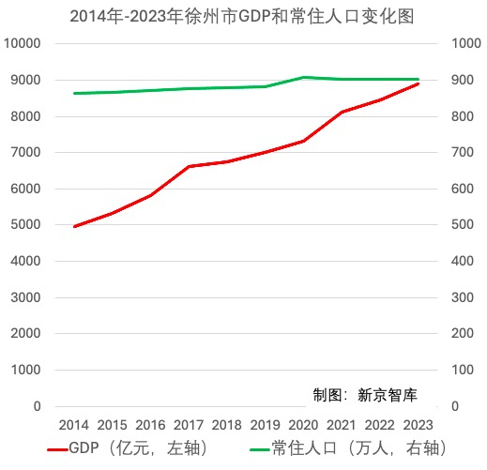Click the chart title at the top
click(243, 17)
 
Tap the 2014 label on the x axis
click(73, 425)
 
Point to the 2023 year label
click(418, 425)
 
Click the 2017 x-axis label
click(189, 425)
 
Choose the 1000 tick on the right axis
click(466, 44)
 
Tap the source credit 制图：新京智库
click(369, 392)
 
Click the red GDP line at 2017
click(189, 167)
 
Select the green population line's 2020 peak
click(303, 77)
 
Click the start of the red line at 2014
click(73, 227)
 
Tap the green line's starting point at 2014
click(73, 94)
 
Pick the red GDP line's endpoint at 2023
click(418, 84)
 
